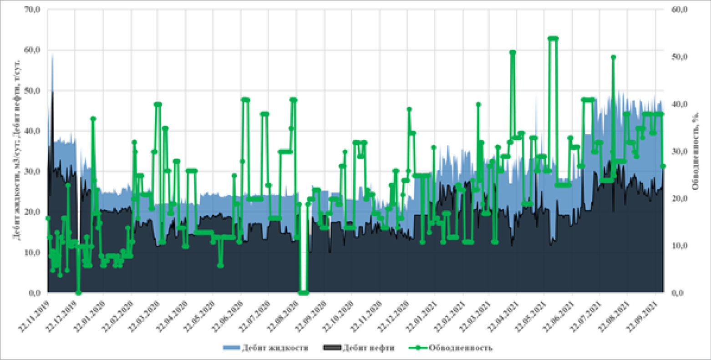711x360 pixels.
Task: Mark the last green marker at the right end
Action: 663,166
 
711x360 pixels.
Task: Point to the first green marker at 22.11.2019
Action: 48,218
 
